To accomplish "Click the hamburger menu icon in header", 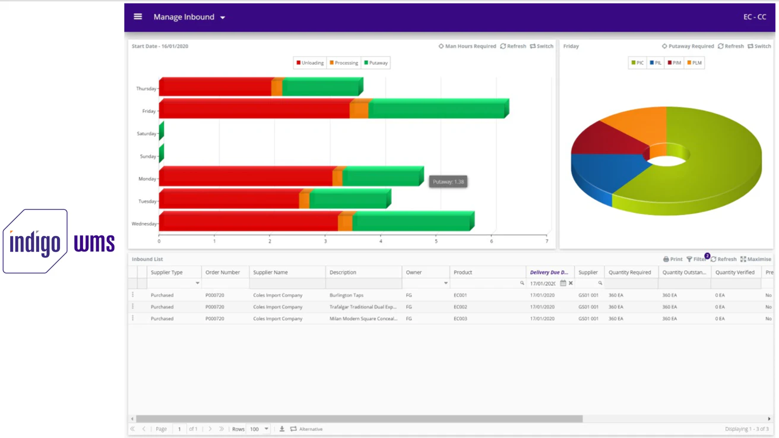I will (x=138, y=17).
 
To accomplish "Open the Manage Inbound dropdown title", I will (x=189, y=17).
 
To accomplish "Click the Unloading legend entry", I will (x=310, y=63).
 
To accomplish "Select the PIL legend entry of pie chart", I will (x=655, y=63).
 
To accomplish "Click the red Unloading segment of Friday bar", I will (x=255, y=110).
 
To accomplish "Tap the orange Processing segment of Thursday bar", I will (x=277, y=88).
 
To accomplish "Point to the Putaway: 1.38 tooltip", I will (x=448, y=182).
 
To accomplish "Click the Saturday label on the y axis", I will (x=146, y=134).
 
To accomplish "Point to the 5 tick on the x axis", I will (x=436, y=241).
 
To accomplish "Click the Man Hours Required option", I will (x=467, y=46).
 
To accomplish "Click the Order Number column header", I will (x=223, y=272).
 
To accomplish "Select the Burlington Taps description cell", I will (x=346, y=295).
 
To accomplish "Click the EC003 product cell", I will (x=460, y=319).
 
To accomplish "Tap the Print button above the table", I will (x=673, y=259).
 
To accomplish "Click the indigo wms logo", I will (x=59, y=242).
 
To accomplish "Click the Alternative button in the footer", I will (x=306, y=429).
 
